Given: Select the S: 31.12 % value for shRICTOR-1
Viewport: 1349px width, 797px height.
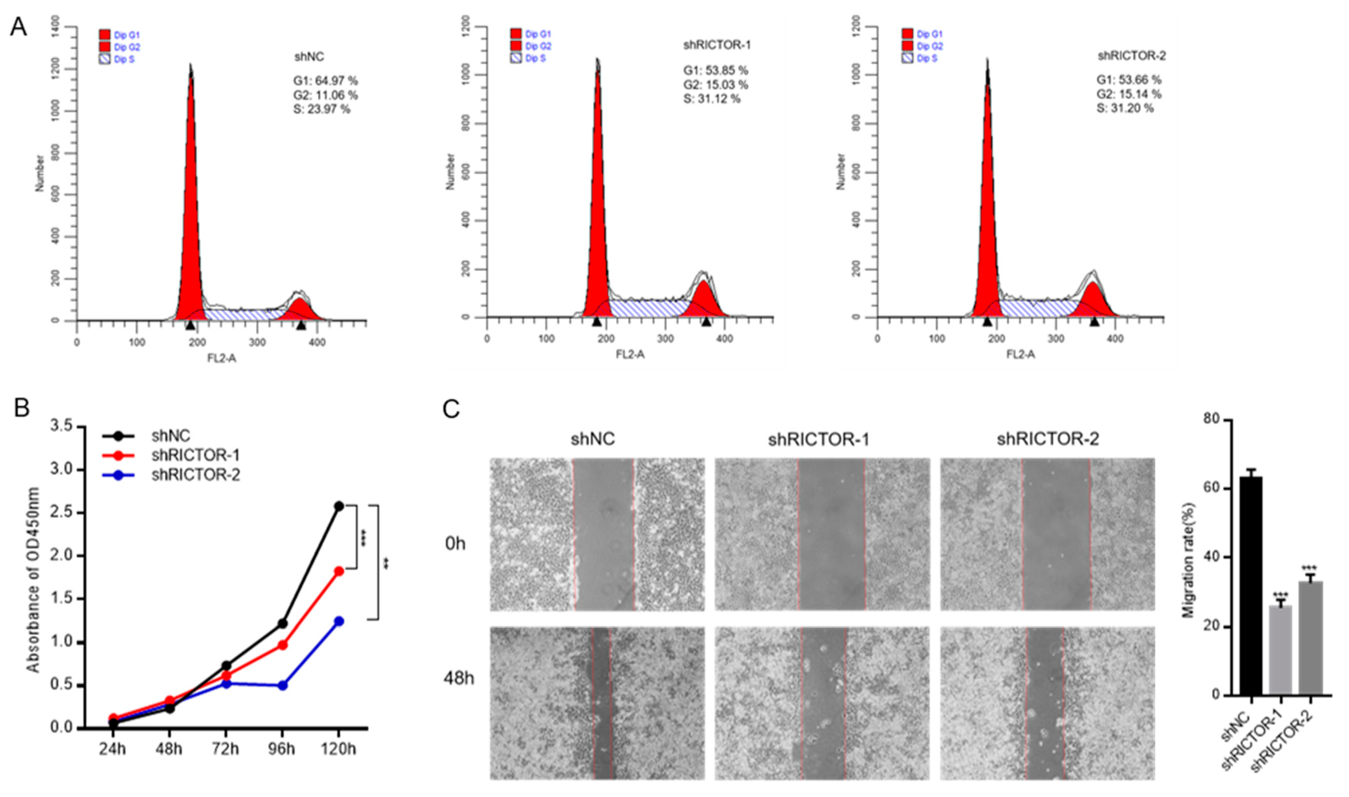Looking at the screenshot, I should coord(712,99).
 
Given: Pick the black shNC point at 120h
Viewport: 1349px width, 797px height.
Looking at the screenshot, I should coord(339,506).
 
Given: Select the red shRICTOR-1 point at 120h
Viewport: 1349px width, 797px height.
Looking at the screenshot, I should coord(339,571).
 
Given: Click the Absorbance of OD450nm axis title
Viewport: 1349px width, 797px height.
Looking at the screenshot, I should coord(33,580).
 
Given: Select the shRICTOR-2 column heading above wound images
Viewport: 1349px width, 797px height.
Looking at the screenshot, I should coord(1048,439).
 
